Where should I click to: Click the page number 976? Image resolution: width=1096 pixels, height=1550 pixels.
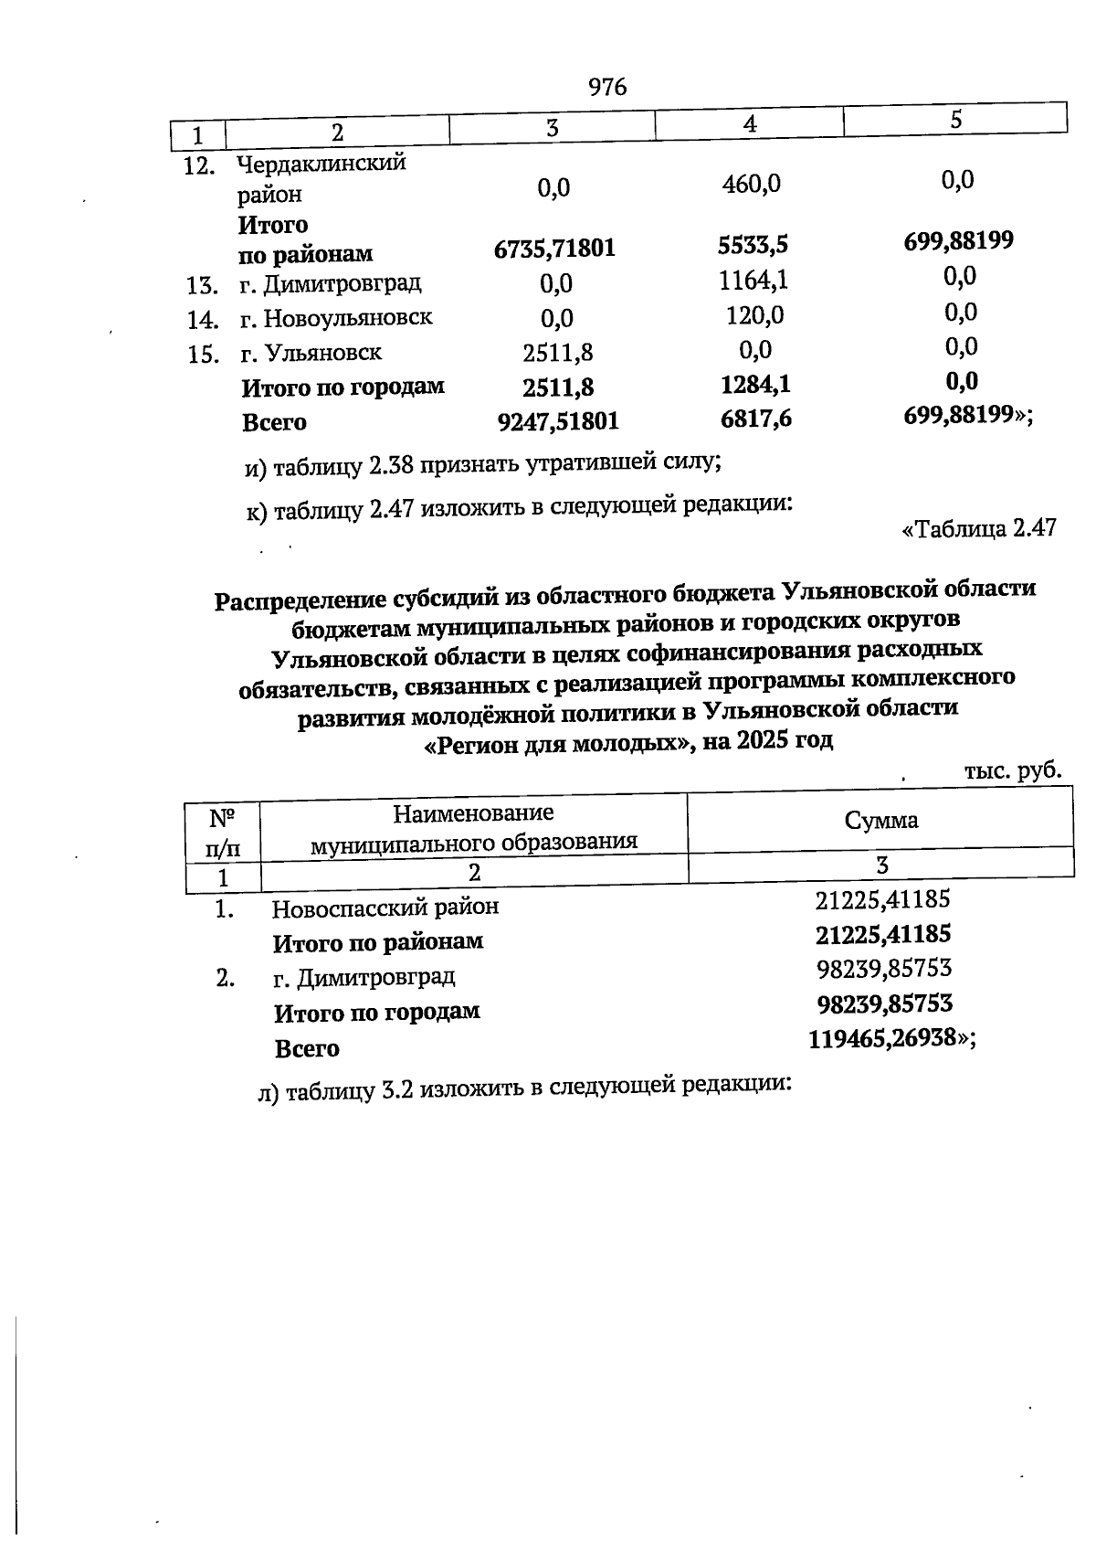click(607, 87)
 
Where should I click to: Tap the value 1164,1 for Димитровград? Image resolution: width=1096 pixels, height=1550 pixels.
click(753, 281)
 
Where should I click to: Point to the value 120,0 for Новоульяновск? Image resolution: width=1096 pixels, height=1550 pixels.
click(754, 316)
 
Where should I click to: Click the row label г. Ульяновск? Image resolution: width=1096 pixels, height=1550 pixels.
click(311, 353)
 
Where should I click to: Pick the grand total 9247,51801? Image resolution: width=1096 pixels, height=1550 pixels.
click(557, 421)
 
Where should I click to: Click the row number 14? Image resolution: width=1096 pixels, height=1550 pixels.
click(202, 320)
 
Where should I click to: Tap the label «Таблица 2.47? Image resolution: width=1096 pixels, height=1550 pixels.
click(978, 529)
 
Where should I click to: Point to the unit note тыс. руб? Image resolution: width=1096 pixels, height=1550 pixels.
click(1013, 770)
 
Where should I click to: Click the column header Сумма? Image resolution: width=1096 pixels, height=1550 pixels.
click(880, 820)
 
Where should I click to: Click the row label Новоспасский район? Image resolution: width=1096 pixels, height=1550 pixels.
click(385, 908)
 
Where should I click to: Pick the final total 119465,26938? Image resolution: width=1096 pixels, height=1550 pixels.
click(881, 1039)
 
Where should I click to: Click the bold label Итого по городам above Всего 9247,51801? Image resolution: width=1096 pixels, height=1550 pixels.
click(342, 387)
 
